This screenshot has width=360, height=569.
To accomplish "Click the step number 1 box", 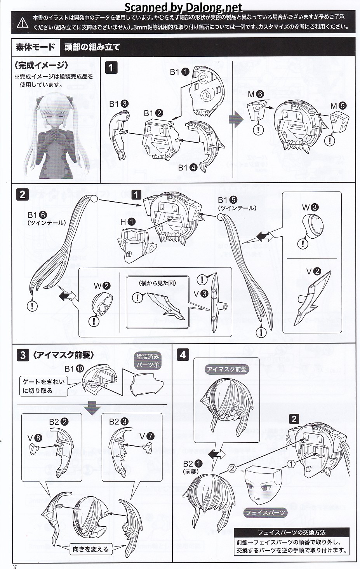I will pyautogui.click(x=111, y=68).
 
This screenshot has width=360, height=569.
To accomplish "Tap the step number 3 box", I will pyautogui.click(x=23, y=354).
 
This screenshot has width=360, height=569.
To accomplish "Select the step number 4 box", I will pyautogui.click(x=183, y=354).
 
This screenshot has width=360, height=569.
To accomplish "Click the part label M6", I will pyautogui.click(x=256, y=94).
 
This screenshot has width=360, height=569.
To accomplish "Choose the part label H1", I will pyautogui.click(x=128, y=222).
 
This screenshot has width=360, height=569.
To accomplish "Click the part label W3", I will pyautogui.click(x=310, y=207).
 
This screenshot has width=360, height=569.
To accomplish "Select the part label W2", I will pyautogui.click(x=102, y=286).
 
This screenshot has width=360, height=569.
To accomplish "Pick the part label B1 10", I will pyautogui.click(x=74, y=368).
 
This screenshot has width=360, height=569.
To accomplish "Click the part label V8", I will pyautogui.click(x=34, y=438).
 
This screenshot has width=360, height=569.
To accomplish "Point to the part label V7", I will pyautogui.click(x=147, y=436).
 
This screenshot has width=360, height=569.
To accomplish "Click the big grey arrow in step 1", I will pyautogui.click(x=236, y=119).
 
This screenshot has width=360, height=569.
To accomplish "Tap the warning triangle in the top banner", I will pyautogui.click(x=23, y=23).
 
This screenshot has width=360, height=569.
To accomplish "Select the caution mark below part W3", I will pyautogui.click(x=303, y=243).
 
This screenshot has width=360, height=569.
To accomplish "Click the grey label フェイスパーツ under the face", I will pyautogui.click(x=265, y=513).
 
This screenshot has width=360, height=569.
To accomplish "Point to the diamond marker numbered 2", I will pyautogui.click(x=232, y=468).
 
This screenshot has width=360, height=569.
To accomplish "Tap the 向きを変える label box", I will pyautogui.click(x=91, y=549).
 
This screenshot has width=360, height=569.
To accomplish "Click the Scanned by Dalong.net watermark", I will pyautogui.click(x=184, y=7).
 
